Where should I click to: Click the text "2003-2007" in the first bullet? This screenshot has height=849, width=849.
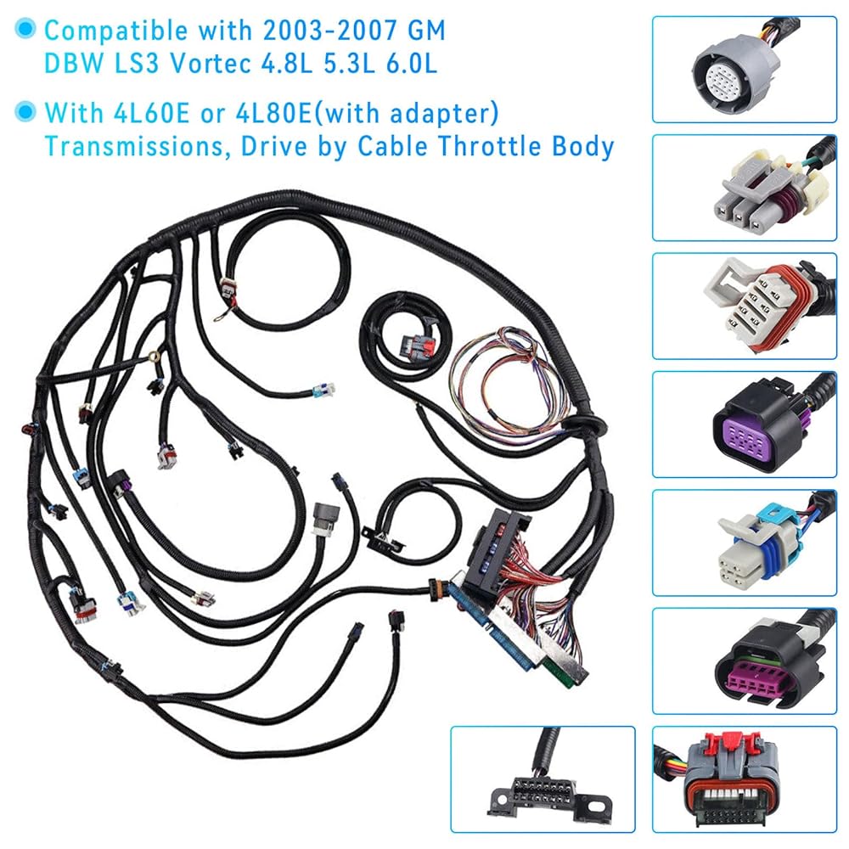click(309, 31)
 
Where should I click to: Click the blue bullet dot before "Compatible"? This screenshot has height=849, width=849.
click(29, 31)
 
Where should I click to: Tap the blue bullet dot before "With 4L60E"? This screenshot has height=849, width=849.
click(29, 112)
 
